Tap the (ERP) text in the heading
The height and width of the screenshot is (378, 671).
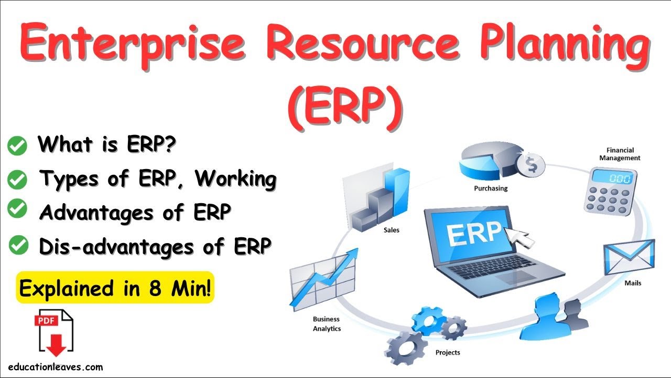tap(345, 106)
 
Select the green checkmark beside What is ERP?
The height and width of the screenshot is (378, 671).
tap(17, 146)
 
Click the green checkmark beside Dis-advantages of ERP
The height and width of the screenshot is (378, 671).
tap(17, 245)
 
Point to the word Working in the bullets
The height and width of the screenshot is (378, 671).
tap(235, 179)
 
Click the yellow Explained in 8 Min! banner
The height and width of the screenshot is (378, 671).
tap(115, 288)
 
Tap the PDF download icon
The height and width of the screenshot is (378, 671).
tap(53, 333)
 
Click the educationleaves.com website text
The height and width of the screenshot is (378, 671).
tap(56, 367)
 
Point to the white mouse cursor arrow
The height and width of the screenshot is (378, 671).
tap(519, 236)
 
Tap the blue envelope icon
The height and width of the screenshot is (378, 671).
tap(628, 257)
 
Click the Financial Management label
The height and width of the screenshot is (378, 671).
tap(620, 154)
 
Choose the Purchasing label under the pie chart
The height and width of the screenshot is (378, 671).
tap(491, 188)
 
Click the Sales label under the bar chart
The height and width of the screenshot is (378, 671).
tap(391, 230)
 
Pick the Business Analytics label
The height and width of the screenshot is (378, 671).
tap(327, 324)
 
